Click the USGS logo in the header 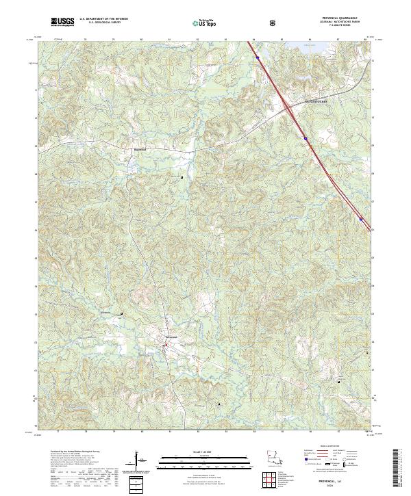62,23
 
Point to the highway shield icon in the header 272,23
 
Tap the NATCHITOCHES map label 316,102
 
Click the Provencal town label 171,338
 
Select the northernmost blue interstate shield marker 257,58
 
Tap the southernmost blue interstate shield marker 361,219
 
